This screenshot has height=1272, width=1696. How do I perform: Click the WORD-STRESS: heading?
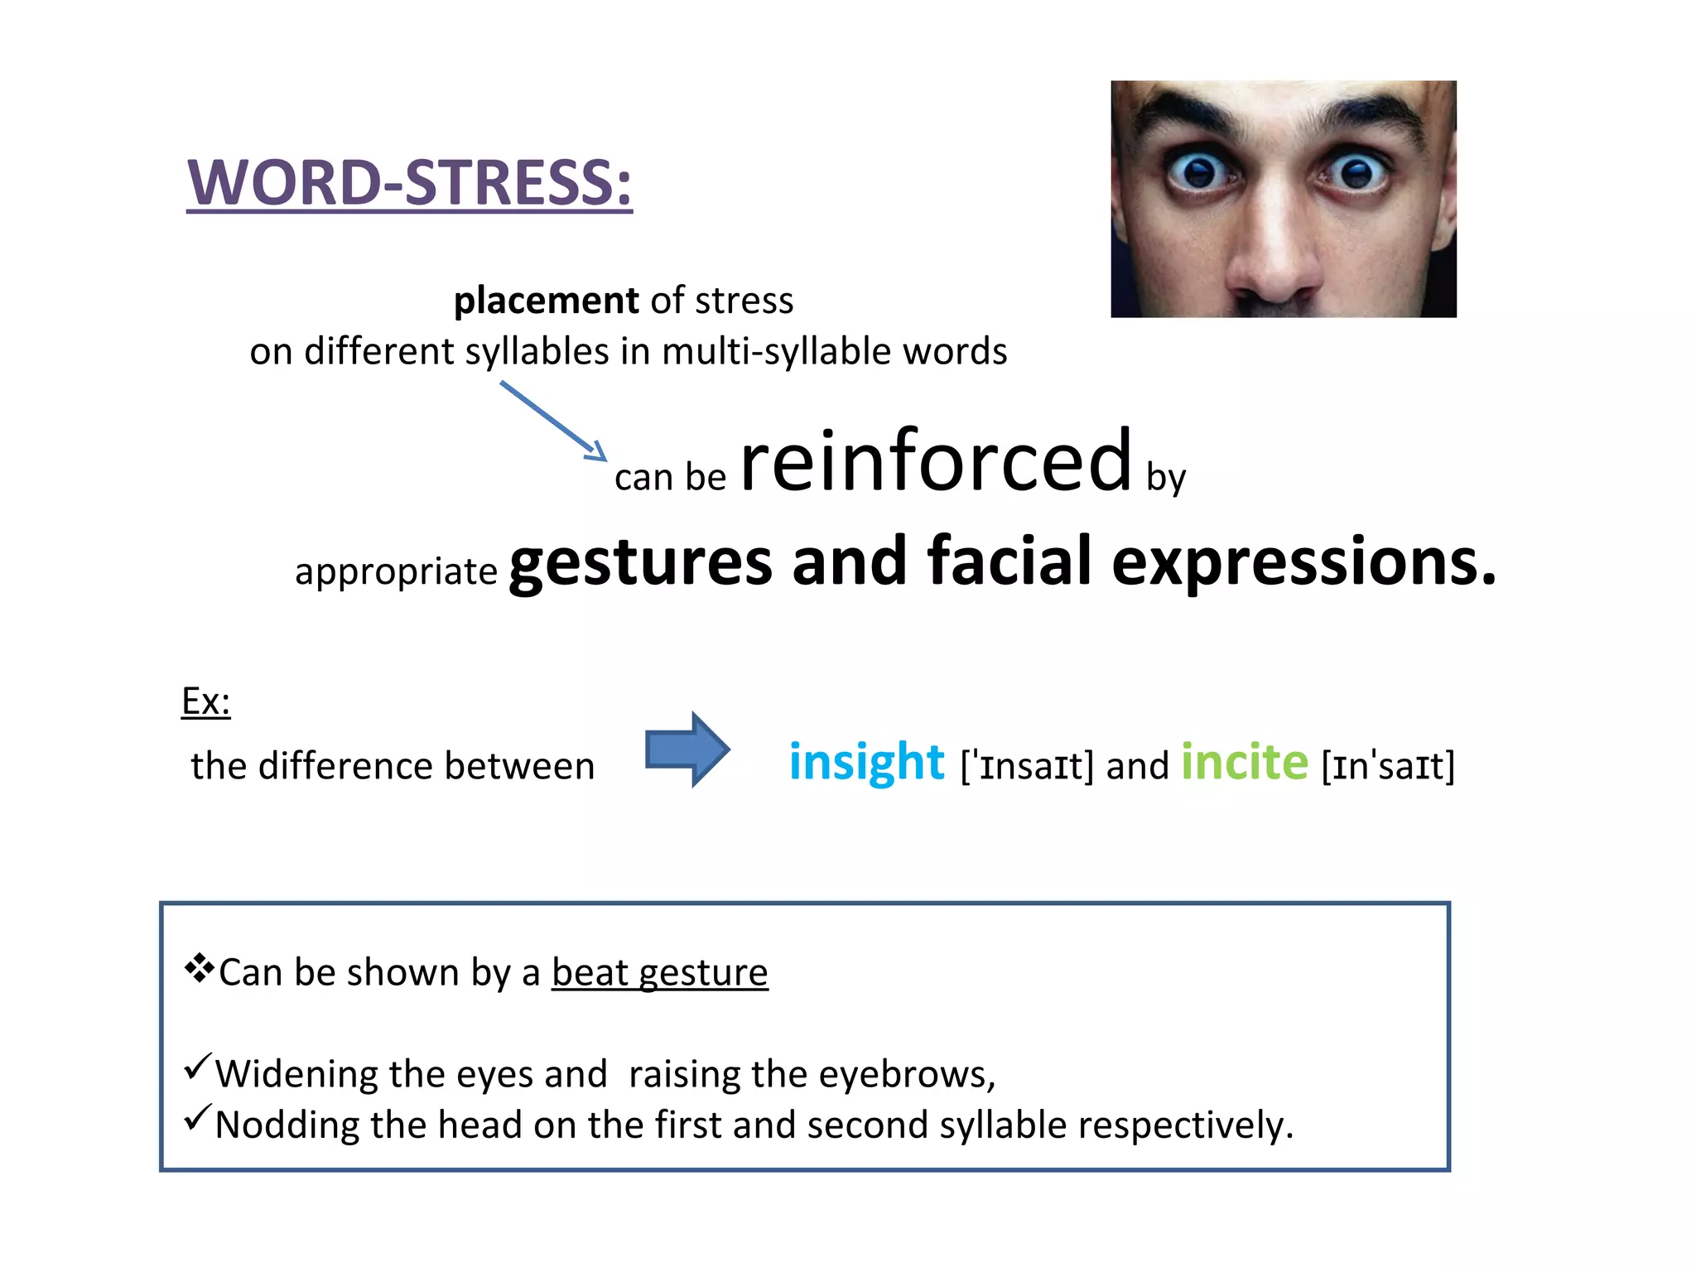tap(409, 183)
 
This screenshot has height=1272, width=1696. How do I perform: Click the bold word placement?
tap(546, 300)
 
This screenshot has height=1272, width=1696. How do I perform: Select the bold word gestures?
tap(641, 563)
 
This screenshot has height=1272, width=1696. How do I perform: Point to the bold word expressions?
tap(1303, 563)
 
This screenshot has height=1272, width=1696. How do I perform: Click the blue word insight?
tap(866, 762)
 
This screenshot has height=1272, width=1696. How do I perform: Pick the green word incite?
tap(1244, 762)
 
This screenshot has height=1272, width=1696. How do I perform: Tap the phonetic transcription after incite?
tap(1388, 766)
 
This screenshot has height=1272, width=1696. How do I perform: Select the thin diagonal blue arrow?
tap(553, 421)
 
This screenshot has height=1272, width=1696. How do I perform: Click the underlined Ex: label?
tap(205, 702)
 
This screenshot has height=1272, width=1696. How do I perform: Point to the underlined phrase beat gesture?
tap(659, 972)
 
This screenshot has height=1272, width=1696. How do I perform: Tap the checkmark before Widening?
tap(198, 1067)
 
